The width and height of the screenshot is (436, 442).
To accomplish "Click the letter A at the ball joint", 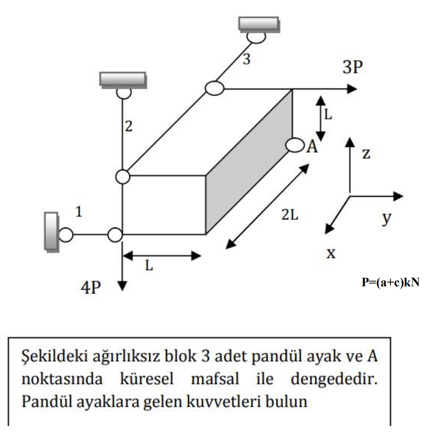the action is [x=312, y=147].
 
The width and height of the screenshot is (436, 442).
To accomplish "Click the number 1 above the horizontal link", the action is [x=79, y=213].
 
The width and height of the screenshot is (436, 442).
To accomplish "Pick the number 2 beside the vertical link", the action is [x=129, y=127].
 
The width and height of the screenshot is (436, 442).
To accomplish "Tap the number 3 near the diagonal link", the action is [x=246, y=59].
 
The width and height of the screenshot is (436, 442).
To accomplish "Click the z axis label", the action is [x=366, y=154].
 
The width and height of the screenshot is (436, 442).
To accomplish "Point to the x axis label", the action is [x=331, y=253].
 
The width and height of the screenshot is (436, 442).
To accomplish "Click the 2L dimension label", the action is [x=289, y=215].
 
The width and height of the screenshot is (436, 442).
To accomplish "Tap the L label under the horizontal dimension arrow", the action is [x=149, y=266].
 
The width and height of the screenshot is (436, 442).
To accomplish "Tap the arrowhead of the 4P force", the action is [x=123, y=285].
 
